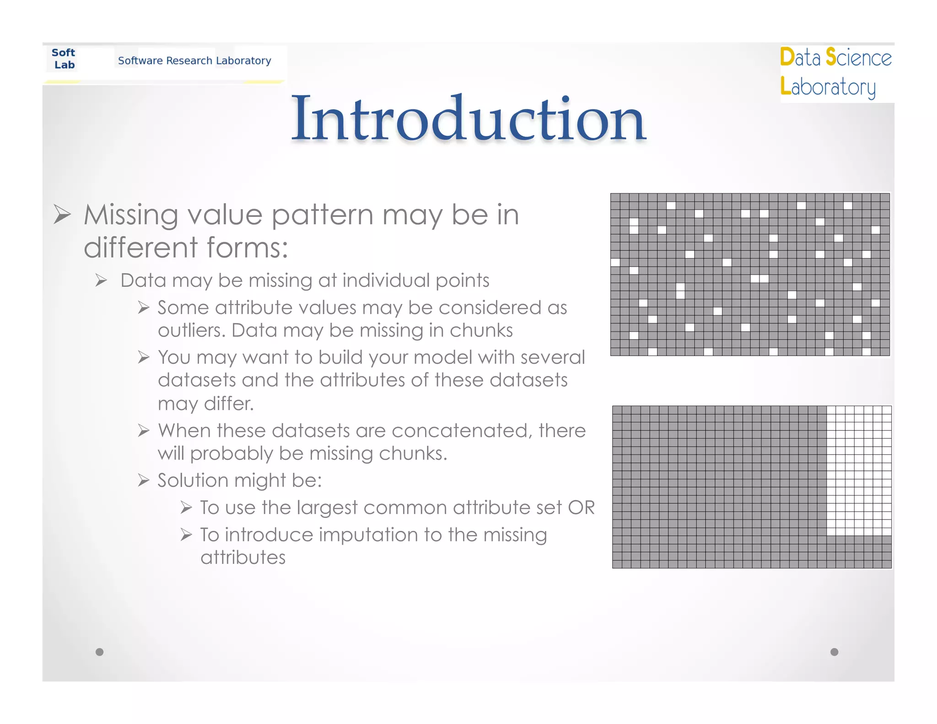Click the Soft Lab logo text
[x=64, y=59]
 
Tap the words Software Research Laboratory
[x=194, y=60]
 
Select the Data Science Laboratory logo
[x=835, y=72]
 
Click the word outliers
[x=191, y=330]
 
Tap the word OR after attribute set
[x=581, y=508]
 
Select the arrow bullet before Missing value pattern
[x=62, y=214]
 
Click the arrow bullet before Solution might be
[x=144, y=481]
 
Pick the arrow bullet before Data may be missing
[x=101, y=280]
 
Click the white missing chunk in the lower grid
[x=859, y=470]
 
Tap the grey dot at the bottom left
[x=99, y=652]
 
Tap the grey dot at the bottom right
[x=834, y=652]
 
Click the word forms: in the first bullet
[x=247, y=248]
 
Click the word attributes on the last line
[x=243, y=558]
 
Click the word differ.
[x=229, y=404]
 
